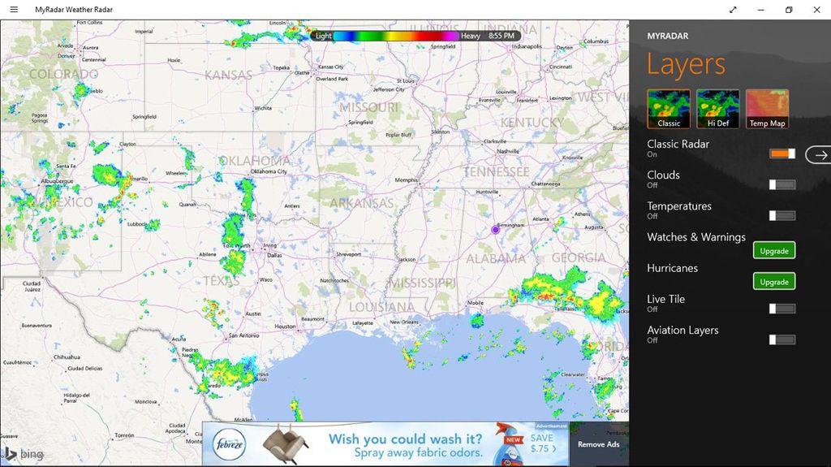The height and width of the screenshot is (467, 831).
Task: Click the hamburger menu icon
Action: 13,10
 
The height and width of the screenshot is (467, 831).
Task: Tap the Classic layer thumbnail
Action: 669,109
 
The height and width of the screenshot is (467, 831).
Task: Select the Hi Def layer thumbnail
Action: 718,109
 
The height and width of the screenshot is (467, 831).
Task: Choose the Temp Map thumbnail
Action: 767,109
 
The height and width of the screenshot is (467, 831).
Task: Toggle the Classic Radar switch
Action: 782,154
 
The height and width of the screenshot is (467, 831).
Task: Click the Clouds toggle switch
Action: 782,184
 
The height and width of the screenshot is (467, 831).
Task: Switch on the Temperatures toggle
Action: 782,215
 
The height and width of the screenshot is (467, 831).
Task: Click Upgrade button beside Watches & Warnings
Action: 774,250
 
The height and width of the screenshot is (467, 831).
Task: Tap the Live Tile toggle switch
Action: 782,309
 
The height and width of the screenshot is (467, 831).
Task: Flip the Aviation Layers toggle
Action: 782,339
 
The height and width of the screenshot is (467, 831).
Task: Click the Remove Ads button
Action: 598,444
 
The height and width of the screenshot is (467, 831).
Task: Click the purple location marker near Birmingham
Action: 496,230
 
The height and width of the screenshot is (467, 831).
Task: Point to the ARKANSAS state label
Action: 361,203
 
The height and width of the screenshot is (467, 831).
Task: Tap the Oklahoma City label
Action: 269,172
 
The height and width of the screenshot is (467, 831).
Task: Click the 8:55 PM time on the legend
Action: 502,36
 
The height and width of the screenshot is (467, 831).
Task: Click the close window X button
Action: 816,10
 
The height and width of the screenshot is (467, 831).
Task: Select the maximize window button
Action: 788,10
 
